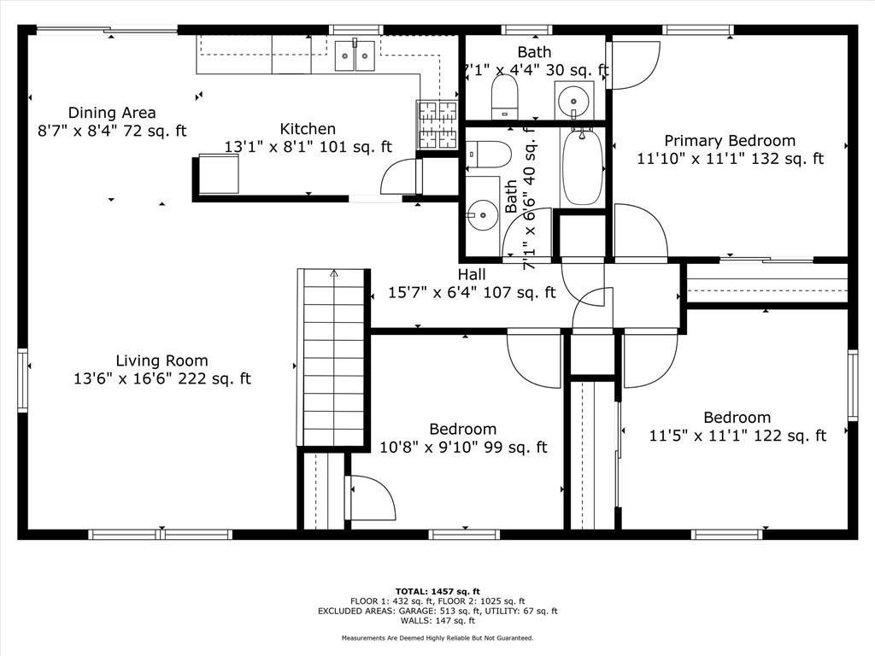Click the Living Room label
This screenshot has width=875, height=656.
[x=162, y=370]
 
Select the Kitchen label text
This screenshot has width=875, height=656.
[x=308, y=138]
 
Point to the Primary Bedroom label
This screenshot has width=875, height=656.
[x=730, y=149]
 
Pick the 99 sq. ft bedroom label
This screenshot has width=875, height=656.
[x=463, y=438]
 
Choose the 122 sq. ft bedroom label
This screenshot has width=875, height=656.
[x=737, y=426]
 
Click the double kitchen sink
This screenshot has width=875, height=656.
[x=355, y=56]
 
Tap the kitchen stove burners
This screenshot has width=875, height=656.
[x=437, y=124]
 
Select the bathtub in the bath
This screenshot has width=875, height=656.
[x=583, y=167]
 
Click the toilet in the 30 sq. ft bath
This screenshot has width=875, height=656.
[x=505, y=96]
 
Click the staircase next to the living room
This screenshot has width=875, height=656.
[x=332, y=359]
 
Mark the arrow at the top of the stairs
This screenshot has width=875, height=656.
[x=334, y=274]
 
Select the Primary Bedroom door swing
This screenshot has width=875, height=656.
[x=633, y=64]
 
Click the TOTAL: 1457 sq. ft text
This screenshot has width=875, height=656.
[x=437, y=591]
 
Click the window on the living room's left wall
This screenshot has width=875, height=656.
[x=23, y=380]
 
